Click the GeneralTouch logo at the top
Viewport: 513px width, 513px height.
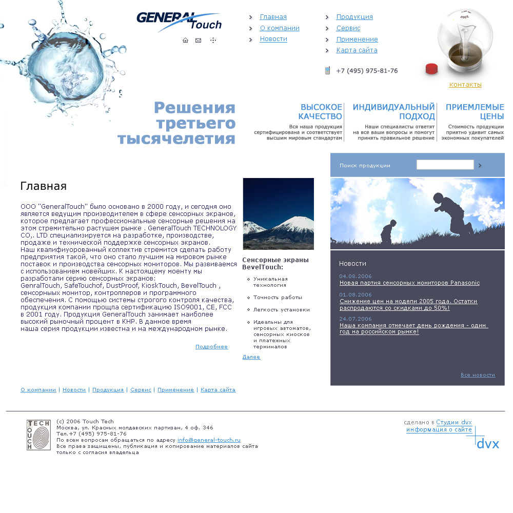click(179, 21)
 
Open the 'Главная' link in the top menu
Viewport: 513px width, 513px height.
click(273, 17)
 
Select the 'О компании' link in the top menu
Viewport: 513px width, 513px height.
click(280, 28)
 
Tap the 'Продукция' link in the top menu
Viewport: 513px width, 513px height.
click(354, 17)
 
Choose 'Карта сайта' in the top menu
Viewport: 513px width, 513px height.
click(357, 50)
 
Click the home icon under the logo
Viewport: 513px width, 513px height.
click(185, 40)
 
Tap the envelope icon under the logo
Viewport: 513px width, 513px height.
click(198, 40)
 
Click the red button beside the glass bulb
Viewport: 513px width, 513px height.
click(431, 69)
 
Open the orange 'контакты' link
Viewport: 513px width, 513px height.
click(465, 85)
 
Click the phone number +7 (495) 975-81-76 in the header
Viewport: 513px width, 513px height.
click(367, 71)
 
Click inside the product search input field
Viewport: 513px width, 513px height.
click(445, 165)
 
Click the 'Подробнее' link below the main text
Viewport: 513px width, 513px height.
click(211, 347)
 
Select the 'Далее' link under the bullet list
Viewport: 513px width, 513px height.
click(251, 357)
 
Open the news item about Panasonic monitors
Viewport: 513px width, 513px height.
click(409, 283)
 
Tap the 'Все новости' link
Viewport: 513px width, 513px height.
click(478, 375)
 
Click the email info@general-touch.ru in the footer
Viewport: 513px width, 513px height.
click(209, 440)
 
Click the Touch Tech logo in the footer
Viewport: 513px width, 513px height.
click(38, 435)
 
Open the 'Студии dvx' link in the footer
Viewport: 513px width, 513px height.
click(453, 422)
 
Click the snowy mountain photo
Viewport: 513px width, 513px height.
click(278, 213)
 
